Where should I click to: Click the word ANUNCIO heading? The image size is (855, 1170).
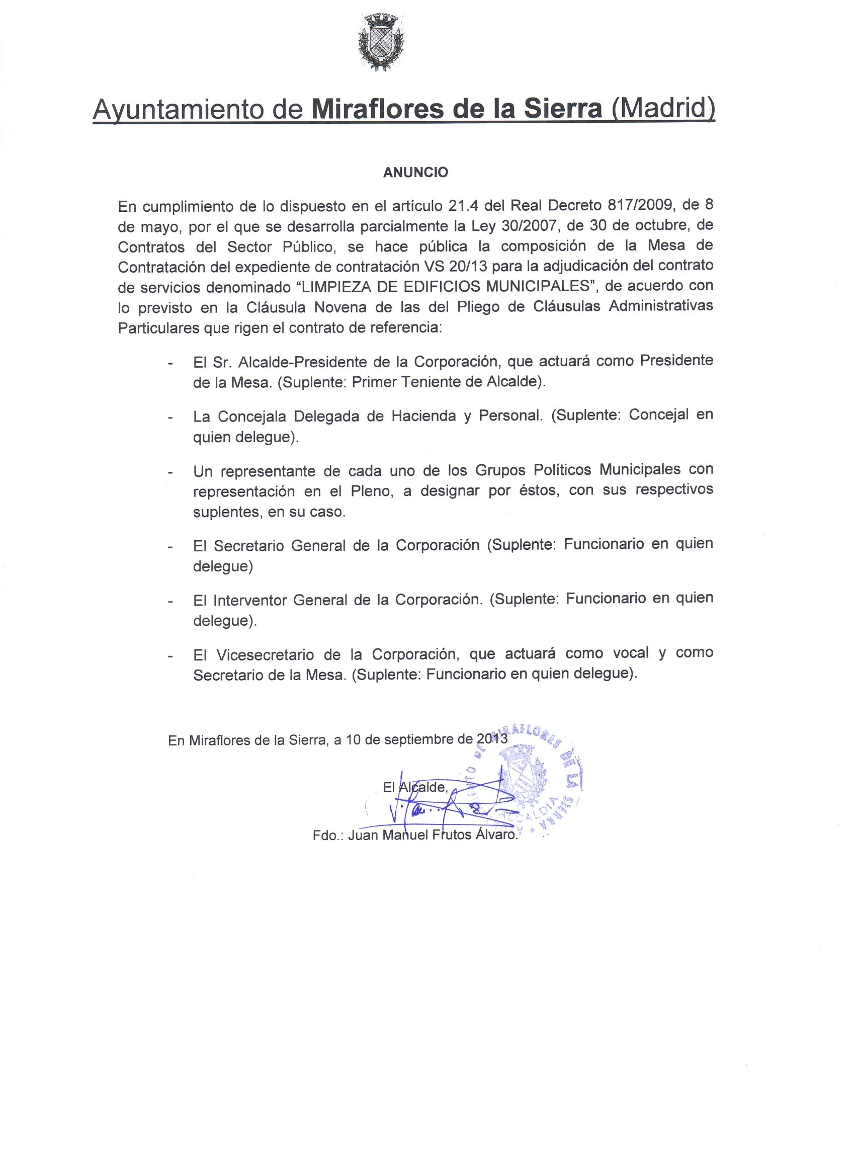click(x=415, y=173)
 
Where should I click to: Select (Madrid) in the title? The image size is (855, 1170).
click(x=663, y=109)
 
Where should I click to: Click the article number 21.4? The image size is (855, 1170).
click(x=464, y=206)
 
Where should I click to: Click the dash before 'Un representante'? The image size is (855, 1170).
click(x=170, y=472)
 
